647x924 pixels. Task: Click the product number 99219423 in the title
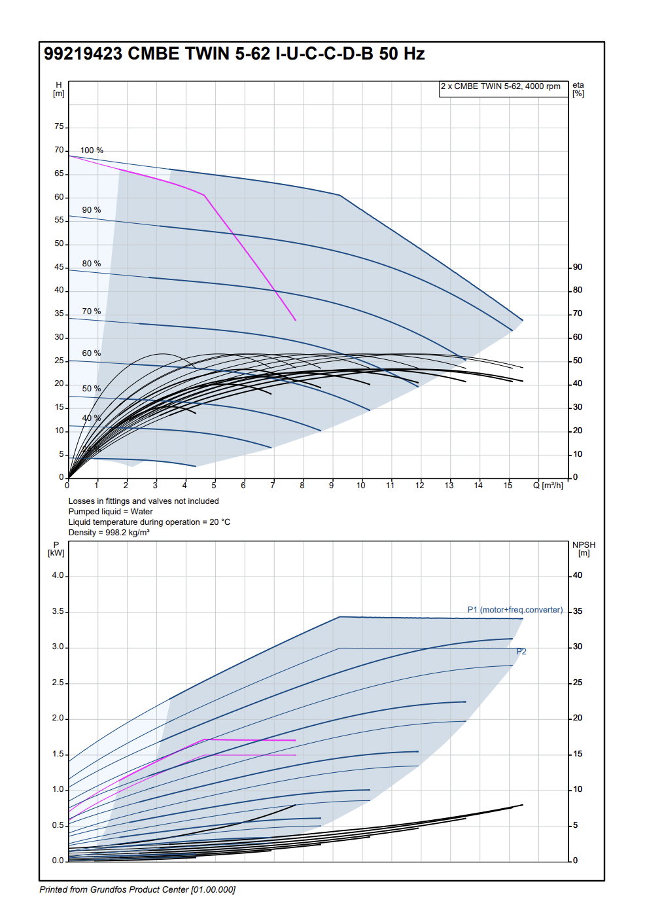[x=83, y=54]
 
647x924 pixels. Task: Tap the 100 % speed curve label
[x=92, y=151]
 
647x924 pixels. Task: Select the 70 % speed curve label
[x=92, y=311]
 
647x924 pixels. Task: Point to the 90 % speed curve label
[x=92, y=210]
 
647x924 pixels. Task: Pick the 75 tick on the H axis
[x=60, y=126]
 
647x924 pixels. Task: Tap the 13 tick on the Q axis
[x=449, y=486]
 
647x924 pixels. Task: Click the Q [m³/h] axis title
[x=548, y=486]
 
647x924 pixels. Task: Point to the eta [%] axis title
[x=578, y=89]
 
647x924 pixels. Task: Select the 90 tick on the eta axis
[x=578, y=267]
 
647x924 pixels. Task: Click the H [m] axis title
[x=59, y=89]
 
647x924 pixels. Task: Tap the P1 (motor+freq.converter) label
[x=515, y=610]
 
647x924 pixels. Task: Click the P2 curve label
[x=521, y=652]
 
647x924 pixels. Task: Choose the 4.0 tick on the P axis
[x=58, y=576]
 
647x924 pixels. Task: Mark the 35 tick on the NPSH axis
[x=578, y=611]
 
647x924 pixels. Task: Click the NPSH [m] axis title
[x=584, y=548]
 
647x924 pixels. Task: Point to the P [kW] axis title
[x=56, y=548]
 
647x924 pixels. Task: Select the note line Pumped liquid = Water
[x=111, y=512]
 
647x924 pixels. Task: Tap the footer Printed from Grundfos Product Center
[x=137, y=890]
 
